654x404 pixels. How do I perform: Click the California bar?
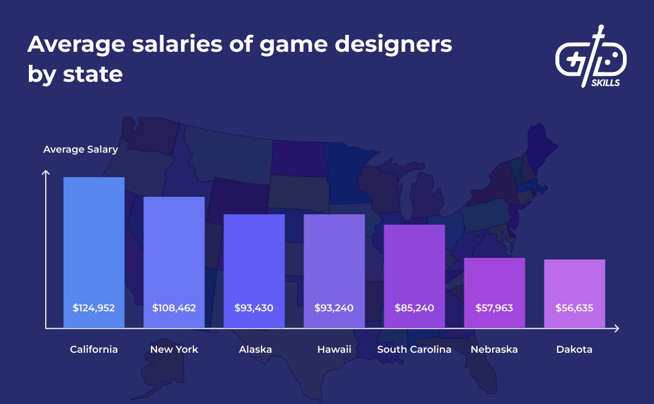coord(94,245)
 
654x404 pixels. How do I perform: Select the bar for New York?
coord(174,256)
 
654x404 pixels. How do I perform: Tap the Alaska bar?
coord(254,262)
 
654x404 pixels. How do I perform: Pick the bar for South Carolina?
coord(414,267)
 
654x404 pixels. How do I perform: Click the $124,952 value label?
coord(94,308)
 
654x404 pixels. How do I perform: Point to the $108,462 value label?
coord(174,308)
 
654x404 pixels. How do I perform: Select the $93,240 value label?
coord(334,308)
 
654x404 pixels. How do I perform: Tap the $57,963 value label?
coord(494,308)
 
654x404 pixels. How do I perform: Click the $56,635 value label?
coord(574,308)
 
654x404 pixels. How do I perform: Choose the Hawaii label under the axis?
coord(334,349)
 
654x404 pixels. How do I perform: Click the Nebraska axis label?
coord(494,349)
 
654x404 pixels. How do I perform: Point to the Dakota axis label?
coord(574,349)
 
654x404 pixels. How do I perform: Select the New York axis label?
coord(174,349)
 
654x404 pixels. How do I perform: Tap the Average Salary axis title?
coord(80,149)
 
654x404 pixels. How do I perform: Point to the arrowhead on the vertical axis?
coord(46,173)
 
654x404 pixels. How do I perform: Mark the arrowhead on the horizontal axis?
coord(616,329)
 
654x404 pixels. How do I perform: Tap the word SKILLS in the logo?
coord(605,83)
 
